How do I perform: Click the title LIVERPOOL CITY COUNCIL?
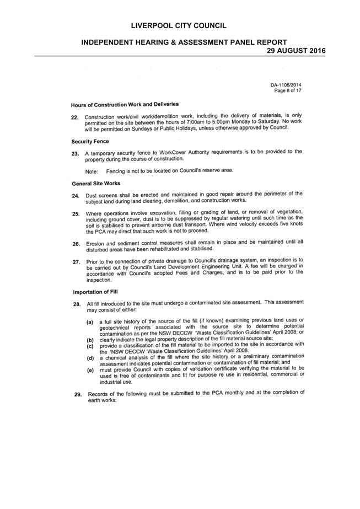[x=179, y=26]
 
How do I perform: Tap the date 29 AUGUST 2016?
[x=296, y=51]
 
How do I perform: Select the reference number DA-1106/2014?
[x=286, y=85]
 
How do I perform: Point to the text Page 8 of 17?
[x=288, y=90]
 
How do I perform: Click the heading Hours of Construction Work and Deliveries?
[x=125, y=105]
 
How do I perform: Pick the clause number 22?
[x=75, y=117]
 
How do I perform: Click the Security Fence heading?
[x=90, y=142]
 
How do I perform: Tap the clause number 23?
[x=76, y=154]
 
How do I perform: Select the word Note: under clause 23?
[x=92, y=172]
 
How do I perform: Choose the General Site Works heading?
[x=96, y=184]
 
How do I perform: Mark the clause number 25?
[x=76, y=214]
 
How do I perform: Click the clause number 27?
[x=77, y=262]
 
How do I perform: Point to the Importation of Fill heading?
[x=95, y=292]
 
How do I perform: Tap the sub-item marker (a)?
[x=90, y=323]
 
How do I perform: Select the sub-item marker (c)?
[x=90, y=346]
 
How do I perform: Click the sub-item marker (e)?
[x=90, y=371]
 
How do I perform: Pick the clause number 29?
[x=78, y=395]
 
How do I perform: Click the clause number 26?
[x=77, y=244]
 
